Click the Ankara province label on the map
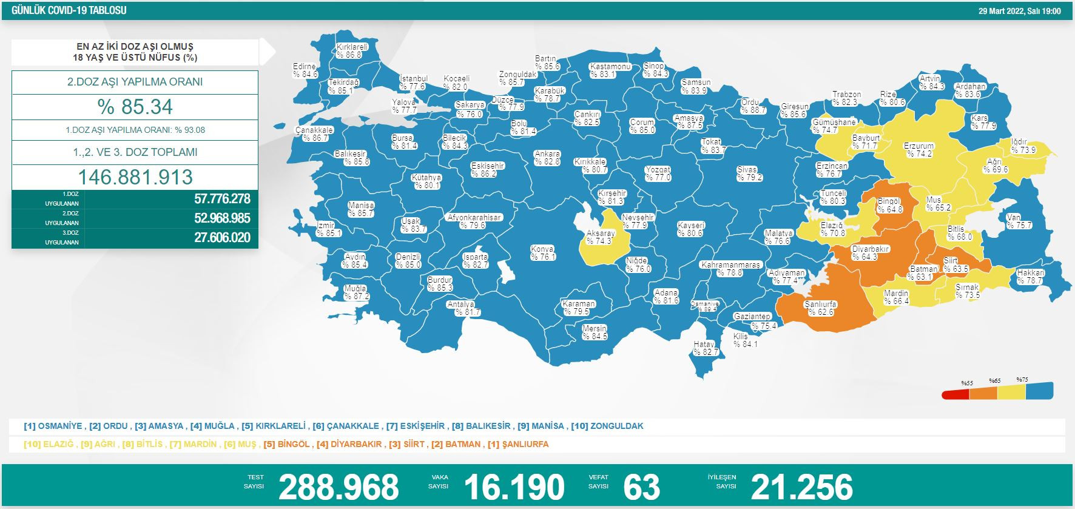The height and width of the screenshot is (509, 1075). pos(547,158)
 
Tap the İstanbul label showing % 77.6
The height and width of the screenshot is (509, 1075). pos(414,83)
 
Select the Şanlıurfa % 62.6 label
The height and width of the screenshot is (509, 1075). pos(821,308)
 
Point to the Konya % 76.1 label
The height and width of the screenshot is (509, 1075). pos(542,253)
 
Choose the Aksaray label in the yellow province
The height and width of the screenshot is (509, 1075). pos(600,237)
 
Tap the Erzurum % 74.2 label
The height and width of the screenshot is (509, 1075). pos(918,150)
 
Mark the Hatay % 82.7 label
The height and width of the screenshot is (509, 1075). pos(706,348)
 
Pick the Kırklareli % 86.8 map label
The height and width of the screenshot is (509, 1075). pos(352,51)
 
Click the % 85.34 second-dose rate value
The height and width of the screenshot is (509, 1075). pos(135,107)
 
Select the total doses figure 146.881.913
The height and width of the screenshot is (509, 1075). pos(135,177)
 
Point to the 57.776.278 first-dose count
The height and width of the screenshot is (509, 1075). pos(222,199)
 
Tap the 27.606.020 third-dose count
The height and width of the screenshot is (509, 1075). pos(222,238)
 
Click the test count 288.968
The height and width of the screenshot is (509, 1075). pos(339,487)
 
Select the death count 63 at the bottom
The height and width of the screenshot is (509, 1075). pos(641,487)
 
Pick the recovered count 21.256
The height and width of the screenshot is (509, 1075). pos(801,487)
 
